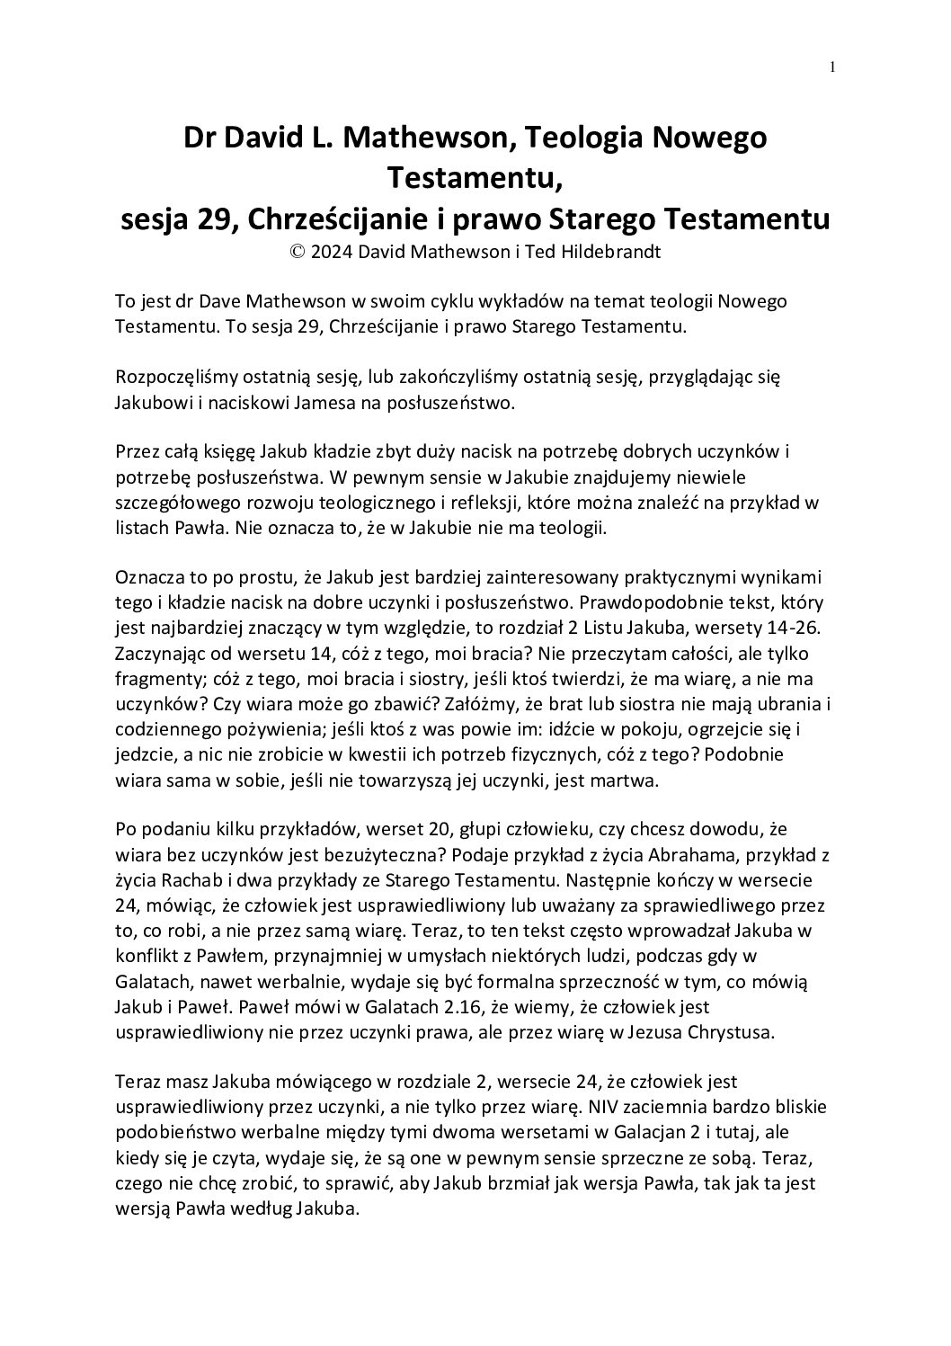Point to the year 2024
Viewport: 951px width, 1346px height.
click(331, 252)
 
